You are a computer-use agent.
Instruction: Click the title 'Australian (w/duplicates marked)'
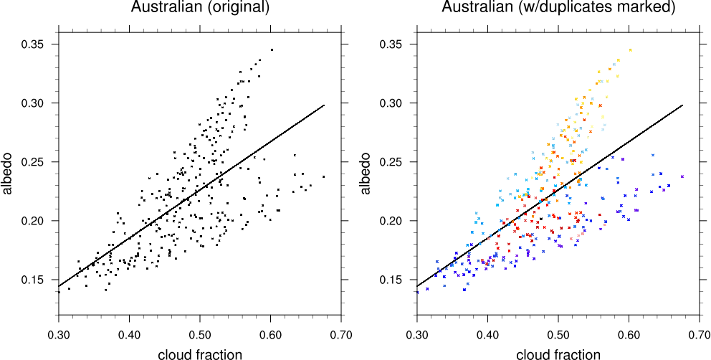point(558,8)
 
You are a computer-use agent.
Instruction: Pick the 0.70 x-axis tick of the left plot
point(342,334)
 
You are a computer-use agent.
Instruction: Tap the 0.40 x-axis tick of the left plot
point(130,334)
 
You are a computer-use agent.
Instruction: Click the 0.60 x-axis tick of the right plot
point(629,334)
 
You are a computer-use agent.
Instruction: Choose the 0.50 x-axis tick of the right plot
point(558,334)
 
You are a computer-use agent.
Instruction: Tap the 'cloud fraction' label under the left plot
point(200,353)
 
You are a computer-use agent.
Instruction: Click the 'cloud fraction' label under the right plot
point(558,353)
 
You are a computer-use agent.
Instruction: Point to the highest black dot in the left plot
point(272,49)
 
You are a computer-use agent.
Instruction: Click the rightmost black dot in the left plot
point(324,176)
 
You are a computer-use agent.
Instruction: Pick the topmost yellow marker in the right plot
point(630,49)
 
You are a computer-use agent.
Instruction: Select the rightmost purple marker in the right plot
point(682,176)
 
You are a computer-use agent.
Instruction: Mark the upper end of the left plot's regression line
point(325,105)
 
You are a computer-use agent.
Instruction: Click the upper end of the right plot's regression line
point(683,105)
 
